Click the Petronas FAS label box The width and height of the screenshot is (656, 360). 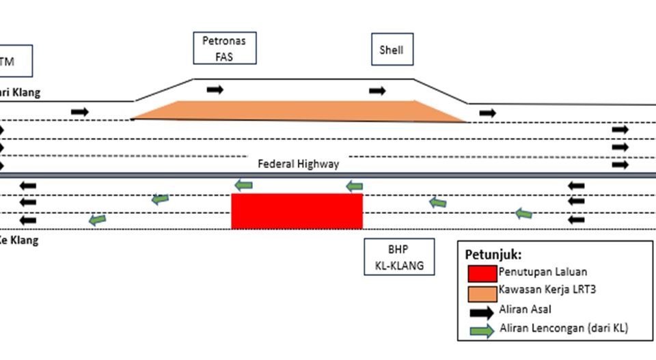(x=224, y=49)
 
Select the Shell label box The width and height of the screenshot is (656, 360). (x=392, y=50)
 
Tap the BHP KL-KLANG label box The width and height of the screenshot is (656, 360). (x=399, y=256)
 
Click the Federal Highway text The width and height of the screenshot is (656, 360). (x=298, y=164)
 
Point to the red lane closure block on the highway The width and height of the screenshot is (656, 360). (x=297, y=211)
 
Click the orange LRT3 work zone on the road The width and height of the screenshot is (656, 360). (x=294, y=111)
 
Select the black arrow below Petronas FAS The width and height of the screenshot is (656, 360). (x=215, y=89)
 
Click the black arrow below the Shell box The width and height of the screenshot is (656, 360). (x=377, y=91)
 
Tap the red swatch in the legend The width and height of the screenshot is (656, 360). (x=482, y=273)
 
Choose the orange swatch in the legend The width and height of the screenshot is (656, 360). (x=482, y=293)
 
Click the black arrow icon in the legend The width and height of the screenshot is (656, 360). (x=482, y=312)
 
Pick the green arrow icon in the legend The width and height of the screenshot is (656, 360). (x=482, y=331)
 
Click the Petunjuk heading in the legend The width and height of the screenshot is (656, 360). (x=494, y=255)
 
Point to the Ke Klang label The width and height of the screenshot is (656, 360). (x=19, y=240)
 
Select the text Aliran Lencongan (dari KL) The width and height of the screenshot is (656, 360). (x=564, y=329)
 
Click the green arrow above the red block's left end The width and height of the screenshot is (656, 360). (x=243, y=185)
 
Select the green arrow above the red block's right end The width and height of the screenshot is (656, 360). (x=354, y=186)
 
